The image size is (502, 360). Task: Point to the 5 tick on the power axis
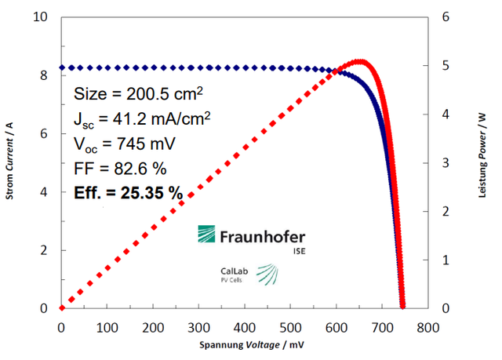(446, 66)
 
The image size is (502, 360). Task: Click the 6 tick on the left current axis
(49, 133)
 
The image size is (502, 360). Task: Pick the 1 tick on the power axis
(446, 260)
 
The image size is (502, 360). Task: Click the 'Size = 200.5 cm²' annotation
(138, 94)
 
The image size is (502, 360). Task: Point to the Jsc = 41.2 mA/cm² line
(141, 119)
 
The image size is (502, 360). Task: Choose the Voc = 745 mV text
(124, 144)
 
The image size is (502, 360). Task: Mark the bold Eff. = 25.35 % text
(128, 192)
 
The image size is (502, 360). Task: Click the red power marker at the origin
(61, 308)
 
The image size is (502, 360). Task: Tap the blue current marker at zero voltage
(61, 68)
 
